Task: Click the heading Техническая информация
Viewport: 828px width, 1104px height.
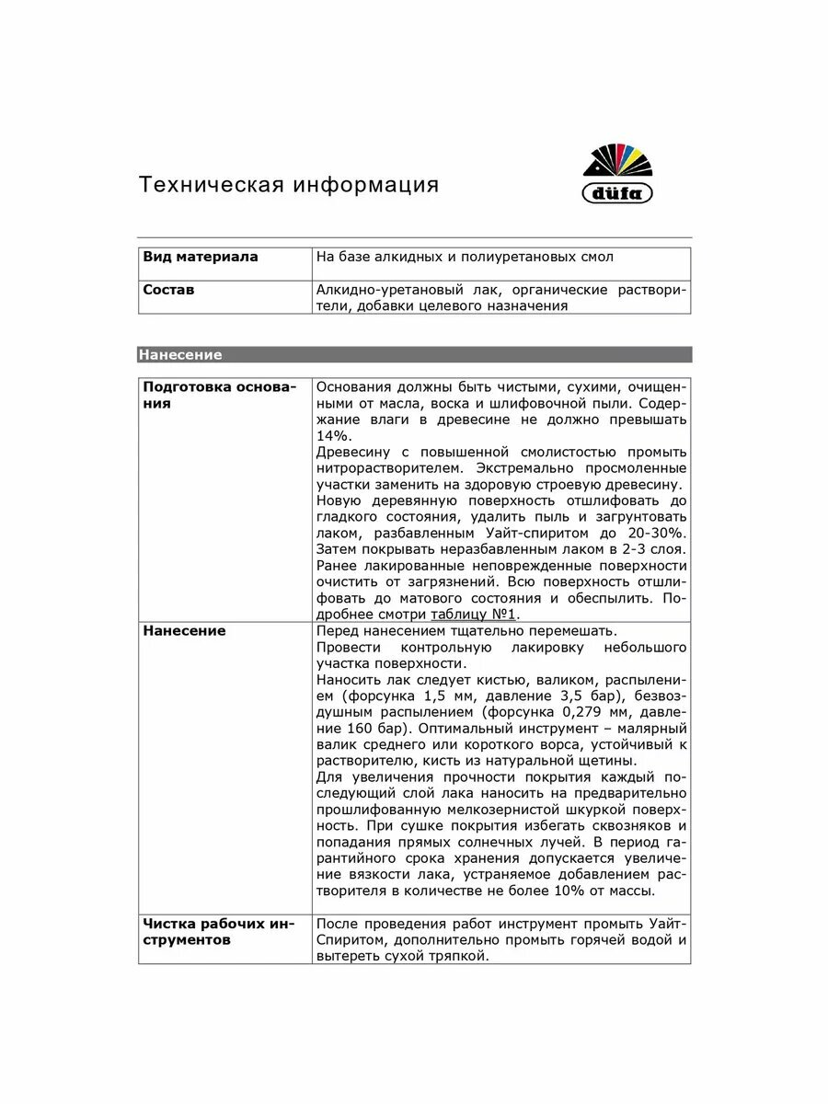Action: (289, 185)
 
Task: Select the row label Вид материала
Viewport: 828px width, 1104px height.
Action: (201, 258)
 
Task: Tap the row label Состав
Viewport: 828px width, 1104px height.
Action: (168, 290)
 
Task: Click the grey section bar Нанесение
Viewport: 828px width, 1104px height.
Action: (414, 354)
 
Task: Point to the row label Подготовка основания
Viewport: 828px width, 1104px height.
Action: (220, 396)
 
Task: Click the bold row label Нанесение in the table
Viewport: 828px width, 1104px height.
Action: (184, 631)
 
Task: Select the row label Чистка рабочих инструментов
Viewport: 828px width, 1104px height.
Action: (218, 932)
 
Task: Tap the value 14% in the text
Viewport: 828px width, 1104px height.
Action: (333, 436)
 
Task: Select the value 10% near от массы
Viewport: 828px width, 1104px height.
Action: (574, 891)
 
